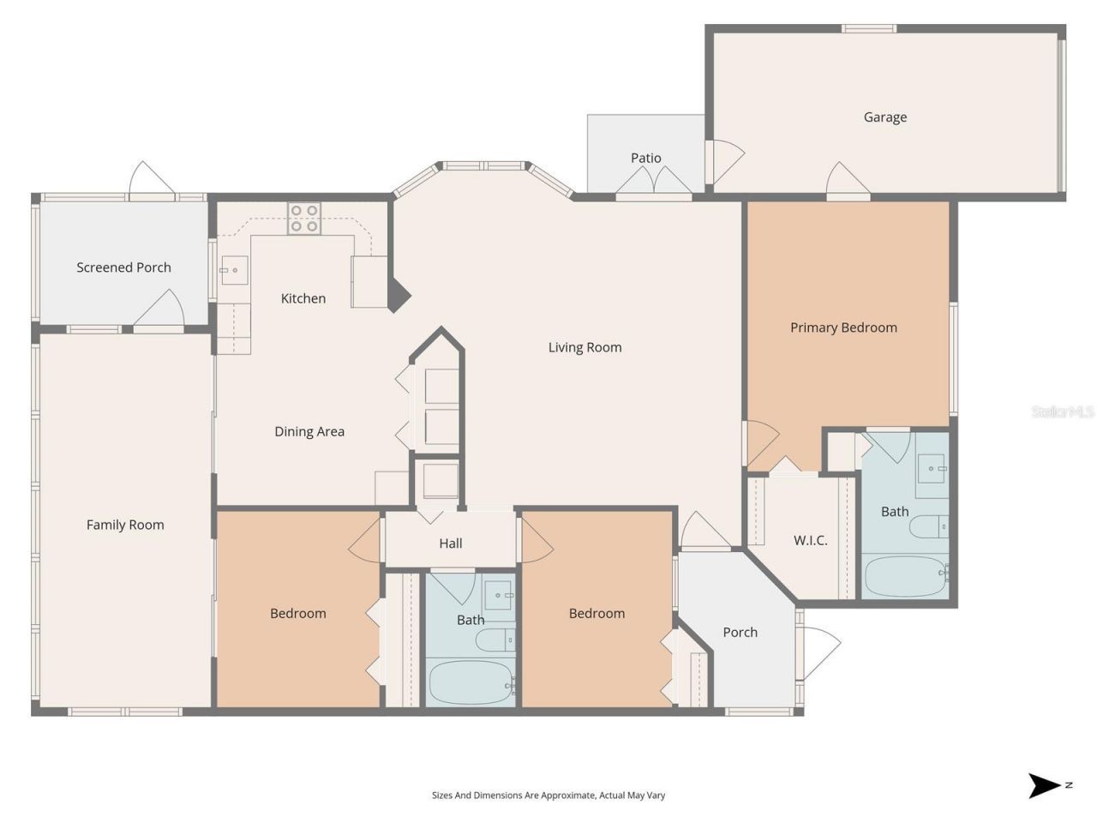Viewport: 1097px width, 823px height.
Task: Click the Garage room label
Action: coord(884,117)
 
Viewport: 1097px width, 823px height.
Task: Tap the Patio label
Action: coord(645,158)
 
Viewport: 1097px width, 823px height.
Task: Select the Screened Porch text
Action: coord(123,267)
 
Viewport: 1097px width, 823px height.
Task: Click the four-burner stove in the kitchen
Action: coord(304,219)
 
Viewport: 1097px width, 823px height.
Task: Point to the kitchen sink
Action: coord(234,270)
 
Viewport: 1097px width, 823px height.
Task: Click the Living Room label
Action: coord(584,347)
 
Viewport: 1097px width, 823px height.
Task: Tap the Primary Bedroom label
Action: coord(843,327)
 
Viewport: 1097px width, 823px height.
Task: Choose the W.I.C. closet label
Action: coord(810,540)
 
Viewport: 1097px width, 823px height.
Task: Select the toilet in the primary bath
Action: coord(928,526)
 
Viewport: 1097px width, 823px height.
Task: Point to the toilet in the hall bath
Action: coord(495,640)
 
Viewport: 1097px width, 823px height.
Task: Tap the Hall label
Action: coord(450,544)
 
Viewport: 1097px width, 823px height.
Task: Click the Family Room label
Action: coord(125,525)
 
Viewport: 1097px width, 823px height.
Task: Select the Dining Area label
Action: coord(309,432)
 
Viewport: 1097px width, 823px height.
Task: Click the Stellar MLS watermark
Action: coord(1063,411)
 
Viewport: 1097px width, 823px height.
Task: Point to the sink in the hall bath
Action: coord(499,595)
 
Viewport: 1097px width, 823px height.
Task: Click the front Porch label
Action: coord(740,633)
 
